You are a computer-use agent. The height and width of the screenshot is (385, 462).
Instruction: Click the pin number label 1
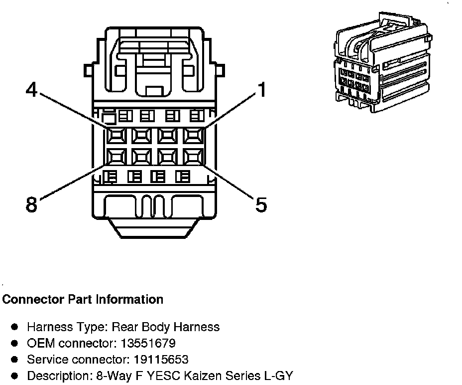[261, 90]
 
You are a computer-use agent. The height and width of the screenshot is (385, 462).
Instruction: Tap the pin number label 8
[31, 204]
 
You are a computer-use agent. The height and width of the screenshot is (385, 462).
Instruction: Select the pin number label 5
[261, 204]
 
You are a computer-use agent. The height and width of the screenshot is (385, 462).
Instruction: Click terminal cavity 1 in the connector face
[193, 135]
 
